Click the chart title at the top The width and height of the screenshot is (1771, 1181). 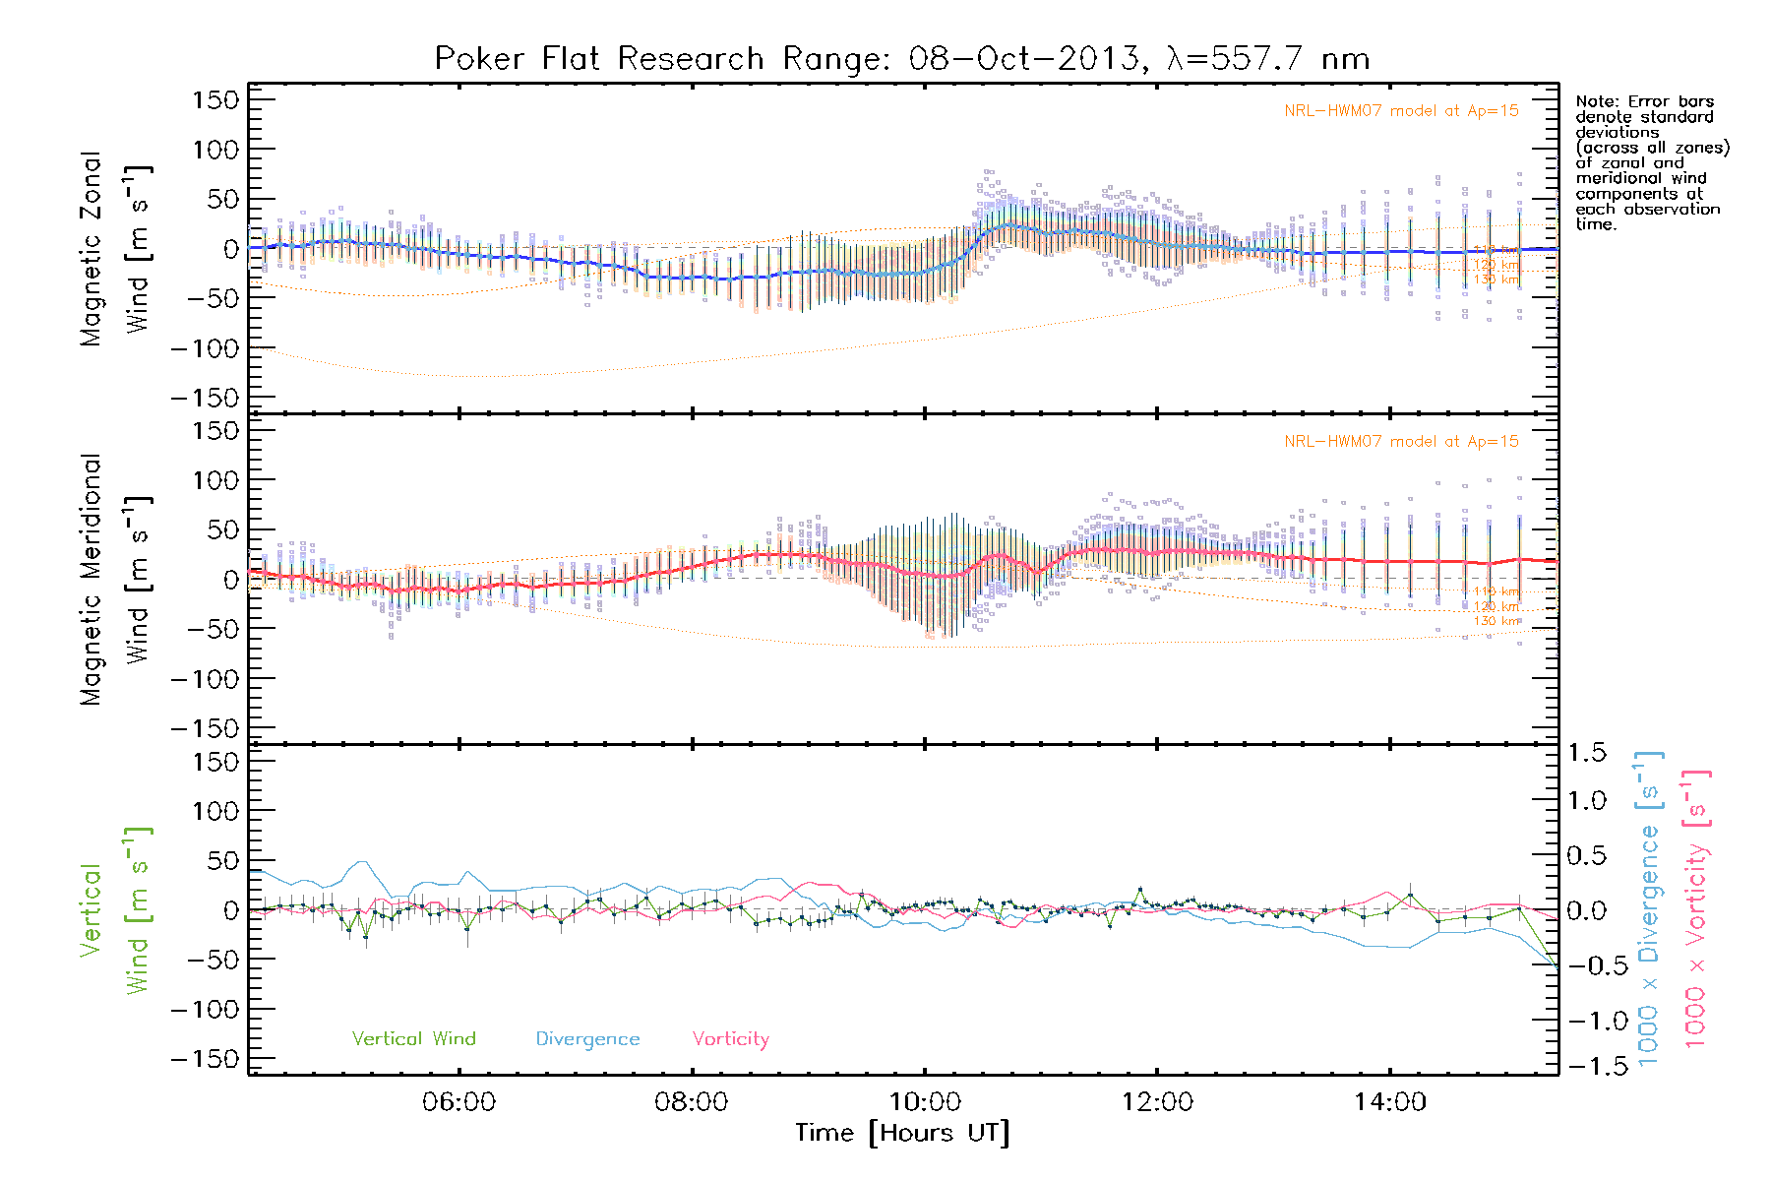point(901,59)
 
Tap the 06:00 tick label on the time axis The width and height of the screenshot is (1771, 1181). point(458,1102)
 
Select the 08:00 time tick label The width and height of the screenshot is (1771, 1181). point(692,1102)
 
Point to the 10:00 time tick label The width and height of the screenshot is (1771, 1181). point(925,1102)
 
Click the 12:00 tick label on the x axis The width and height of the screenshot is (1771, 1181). point(1157,1102)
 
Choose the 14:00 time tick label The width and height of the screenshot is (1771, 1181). point(1389,1102)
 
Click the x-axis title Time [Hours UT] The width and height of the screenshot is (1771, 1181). point(902,1134)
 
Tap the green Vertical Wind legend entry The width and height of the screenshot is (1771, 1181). point(413,1039)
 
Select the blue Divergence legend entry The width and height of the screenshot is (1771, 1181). point(587,1039)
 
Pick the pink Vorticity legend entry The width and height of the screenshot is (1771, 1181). point(730,1039)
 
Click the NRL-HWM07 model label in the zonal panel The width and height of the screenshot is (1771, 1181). point(1401,111)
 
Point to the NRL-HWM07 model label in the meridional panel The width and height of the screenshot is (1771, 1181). point(1401,442)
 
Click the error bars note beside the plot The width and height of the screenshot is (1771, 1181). point(1651,162)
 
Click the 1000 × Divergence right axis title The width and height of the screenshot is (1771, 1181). point(1649,908)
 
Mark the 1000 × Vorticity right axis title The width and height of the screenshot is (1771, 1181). point(1696,908)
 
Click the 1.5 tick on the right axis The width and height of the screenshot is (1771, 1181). point(1587,753)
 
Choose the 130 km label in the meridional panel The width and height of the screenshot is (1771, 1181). point(1496,621)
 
